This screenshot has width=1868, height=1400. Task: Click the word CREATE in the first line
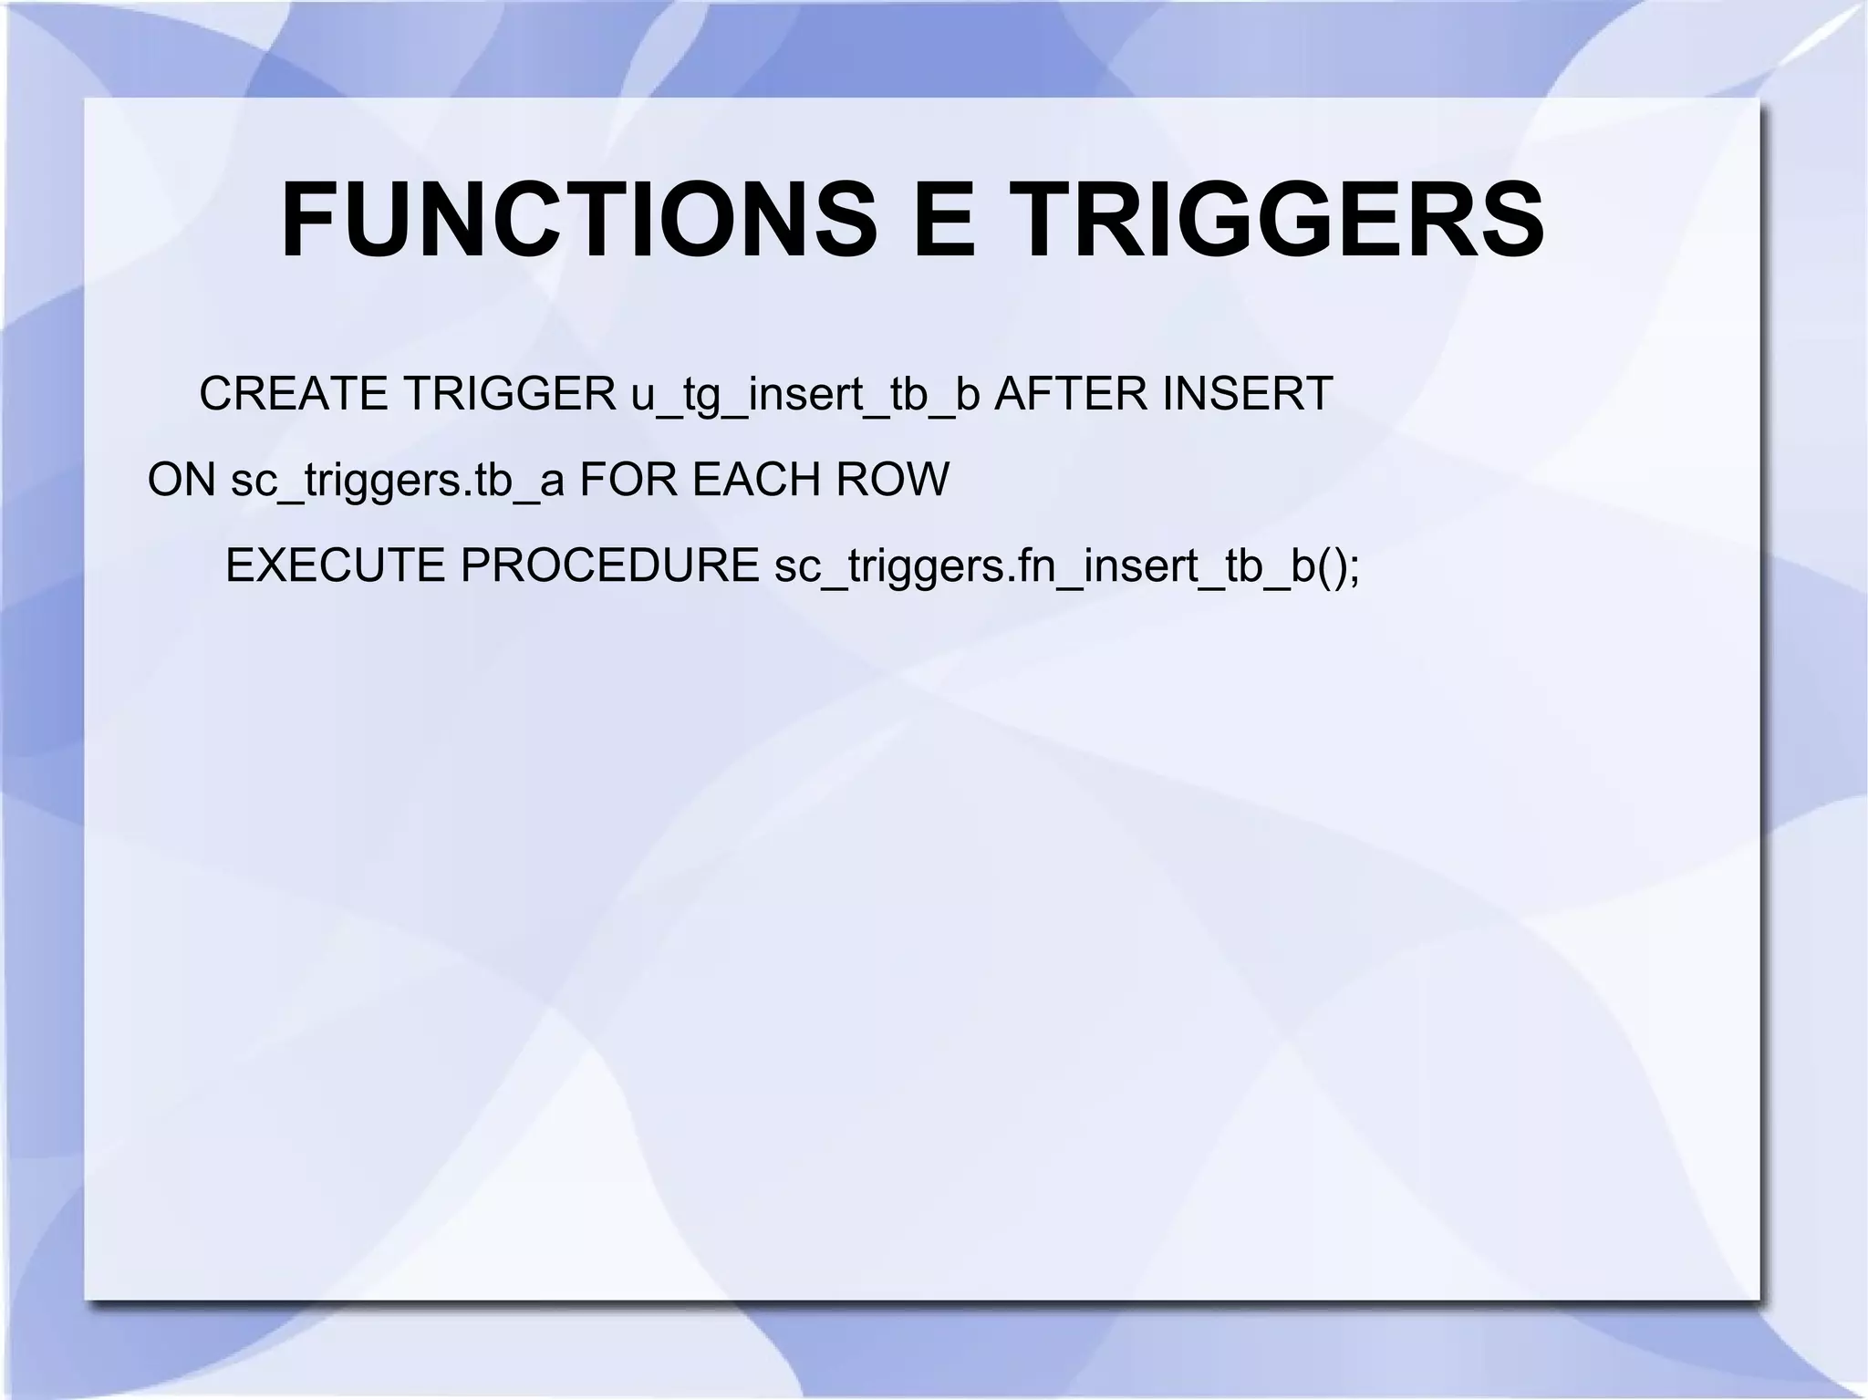click(x=293, y=394)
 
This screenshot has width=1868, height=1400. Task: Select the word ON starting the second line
click(x=182, y=480)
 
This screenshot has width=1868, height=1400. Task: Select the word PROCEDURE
click(x=609, y=565)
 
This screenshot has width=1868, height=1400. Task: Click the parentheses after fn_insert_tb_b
click(x=1331, y=567)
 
